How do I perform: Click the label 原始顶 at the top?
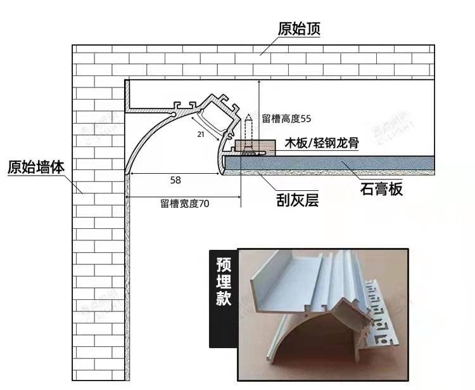298,29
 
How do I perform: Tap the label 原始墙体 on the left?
36,167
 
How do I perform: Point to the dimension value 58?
175,180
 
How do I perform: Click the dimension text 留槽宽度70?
184,204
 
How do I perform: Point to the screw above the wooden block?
249,130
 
